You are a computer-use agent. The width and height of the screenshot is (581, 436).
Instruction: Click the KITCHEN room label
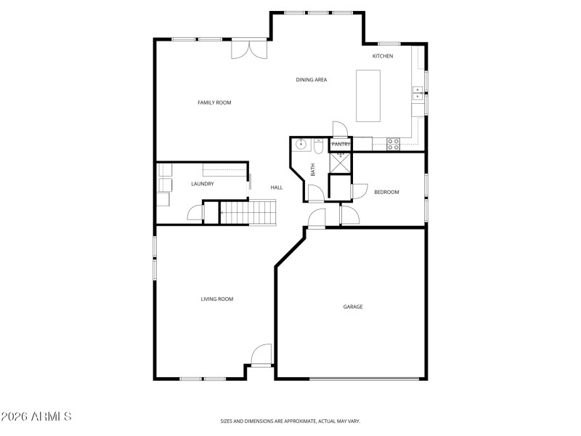[x=383, y=56]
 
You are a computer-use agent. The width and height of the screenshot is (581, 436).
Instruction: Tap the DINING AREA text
[x=311, y=79]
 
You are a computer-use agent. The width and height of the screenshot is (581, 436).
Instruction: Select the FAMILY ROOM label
[x=214, y=102]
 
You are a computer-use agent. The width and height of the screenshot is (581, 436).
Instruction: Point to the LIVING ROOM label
[x=217, y=299]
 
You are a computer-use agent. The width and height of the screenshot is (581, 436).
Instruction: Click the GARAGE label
[x=353, y=307]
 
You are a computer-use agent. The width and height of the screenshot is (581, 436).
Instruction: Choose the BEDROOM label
[x=386, y=192]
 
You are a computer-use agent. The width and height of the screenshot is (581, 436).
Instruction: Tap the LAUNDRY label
[x=203, y=184]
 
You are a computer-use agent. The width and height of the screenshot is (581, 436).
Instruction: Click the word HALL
[x=276, y=187]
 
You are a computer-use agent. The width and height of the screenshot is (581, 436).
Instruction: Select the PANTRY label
[x=341, y=145]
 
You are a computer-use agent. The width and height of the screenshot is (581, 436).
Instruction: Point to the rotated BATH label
[x=313, y=170]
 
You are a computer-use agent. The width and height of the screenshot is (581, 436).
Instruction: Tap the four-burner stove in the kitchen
[x=393, y=144]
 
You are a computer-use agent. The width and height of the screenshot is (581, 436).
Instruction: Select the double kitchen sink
[x=418, y=92]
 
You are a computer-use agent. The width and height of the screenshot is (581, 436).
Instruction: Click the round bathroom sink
[x=300, y=145]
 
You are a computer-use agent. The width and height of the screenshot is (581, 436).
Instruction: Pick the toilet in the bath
[x=318, y=147]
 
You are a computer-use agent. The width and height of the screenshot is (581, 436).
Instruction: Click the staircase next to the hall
[x=249, y=213]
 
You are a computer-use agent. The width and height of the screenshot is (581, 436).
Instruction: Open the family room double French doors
[x=248, y=49]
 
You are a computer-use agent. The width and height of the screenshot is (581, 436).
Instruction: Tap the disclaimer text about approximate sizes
[x=290, y=421]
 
